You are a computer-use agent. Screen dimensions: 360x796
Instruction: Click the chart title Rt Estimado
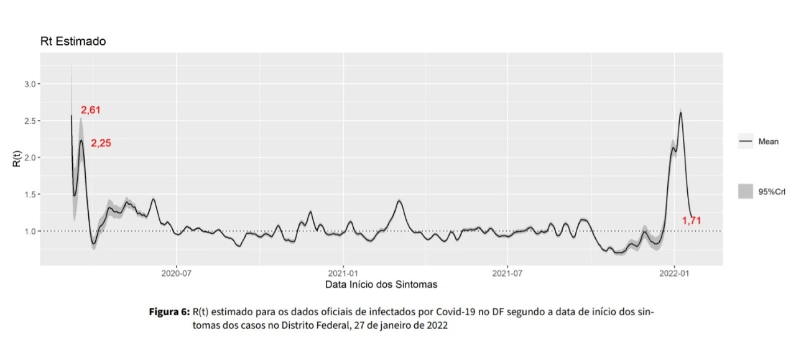click(72, 42)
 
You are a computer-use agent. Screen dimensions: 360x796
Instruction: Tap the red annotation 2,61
click(91, 110)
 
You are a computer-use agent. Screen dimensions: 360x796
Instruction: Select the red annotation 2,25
click(101, 143)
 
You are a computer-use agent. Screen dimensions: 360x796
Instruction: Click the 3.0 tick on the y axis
click(31, 84)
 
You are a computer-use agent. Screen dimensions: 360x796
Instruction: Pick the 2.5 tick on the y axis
click(31, 121)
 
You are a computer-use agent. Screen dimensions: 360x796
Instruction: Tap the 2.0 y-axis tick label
click(31, 157)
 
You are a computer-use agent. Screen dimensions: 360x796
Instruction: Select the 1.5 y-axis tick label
click(31, 194)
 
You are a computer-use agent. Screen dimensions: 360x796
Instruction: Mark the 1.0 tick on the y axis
click(31, 231)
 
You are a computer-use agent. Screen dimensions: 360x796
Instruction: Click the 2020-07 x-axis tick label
click(177, 272)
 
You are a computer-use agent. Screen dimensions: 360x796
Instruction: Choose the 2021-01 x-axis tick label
click(343, 272)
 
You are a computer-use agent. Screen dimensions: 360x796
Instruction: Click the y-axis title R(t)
click(17, 157)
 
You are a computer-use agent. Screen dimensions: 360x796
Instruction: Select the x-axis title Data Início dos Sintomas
click(381, 285)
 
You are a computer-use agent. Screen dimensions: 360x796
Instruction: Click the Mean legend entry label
click(768, 142)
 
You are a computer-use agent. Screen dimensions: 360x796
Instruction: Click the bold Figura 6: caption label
click(169, 312)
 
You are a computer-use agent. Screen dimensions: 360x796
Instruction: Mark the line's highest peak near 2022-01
click(681, 113)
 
